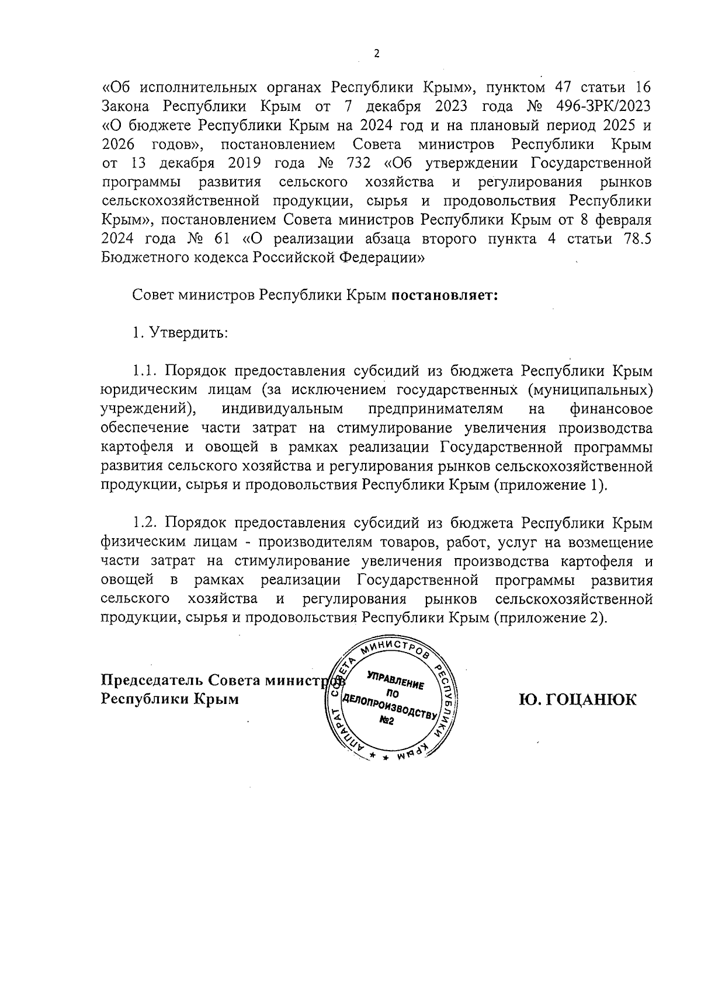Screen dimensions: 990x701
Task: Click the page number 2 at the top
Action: [x=376, y=54]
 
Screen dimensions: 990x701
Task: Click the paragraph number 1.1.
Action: [x=145, y=371]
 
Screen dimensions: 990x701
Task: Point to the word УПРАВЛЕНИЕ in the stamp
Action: [x=395, y=681]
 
